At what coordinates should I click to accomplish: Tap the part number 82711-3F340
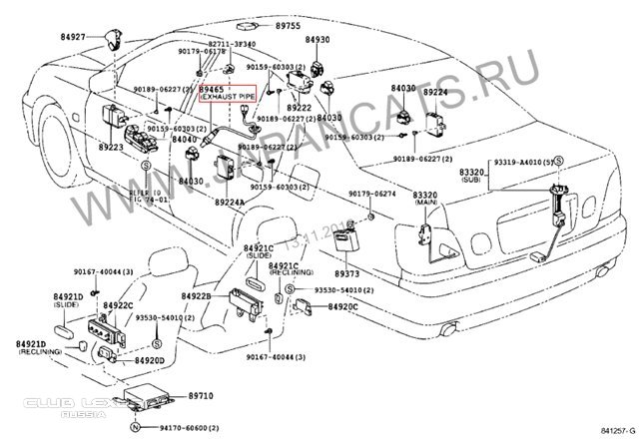pos(232,45)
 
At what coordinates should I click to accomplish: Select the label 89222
pos(299,107)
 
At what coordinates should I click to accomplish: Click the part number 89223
pos(111,146)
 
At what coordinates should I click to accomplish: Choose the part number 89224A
pos(229,202)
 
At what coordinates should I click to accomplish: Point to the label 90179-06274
pos(372,195)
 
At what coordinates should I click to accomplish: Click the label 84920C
pos(343,307)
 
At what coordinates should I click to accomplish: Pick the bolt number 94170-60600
pos(180,427)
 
